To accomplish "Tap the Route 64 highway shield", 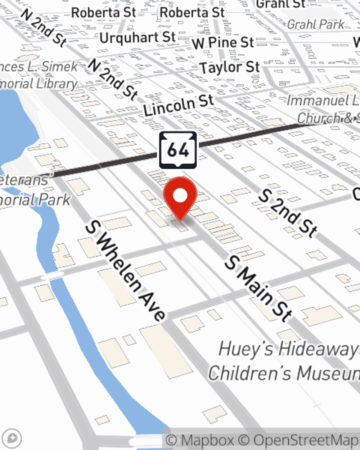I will click(x=178, y=150).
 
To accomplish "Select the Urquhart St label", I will click(x=138, y=37).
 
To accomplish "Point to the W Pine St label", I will click(x=223, y=43).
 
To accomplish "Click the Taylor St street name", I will click(x=230, y=67).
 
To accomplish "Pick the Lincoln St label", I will click(x=179, y=105).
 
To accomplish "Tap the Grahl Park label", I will click(x=316, y=24).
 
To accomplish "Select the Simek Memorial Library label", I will click(x=40, y=75).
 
